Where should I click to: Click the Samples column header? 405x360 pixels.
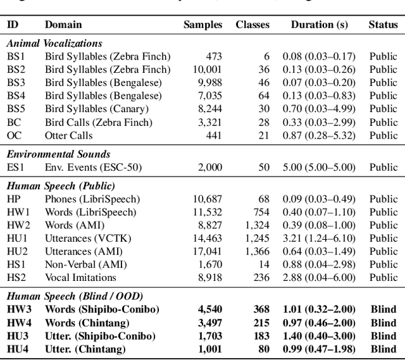tap(202, 25)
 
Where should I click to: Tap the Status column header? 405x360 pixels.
tap(383, 25)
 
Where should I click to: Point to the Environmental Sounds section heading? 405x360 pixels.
tap(58, 154)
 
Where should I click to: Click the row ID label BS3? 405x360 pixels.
tap(16, 83)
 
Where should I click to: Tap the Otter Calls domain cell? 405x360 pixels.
tap(68, 135)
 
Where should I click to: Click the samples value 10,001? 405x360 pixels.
tap(207, 70)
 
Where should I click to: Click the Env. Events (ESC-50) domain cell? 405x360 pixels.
tap(92, 167)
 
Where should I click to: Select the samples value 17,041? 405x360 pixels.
tap(207, 251)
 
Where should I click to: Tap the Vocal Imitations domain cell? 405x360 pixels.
tap(80, 278)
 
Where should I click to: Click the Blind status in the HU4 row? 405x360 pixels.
tap(383, 349)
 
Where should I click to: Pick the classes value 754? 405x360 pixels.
tap(261, 212)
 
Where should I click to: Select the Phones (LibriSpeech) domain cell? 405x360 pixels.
tap(92, 199)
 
